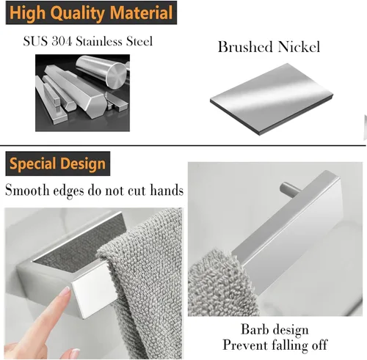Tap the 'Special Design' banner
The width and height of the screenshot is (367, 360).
point(57,163)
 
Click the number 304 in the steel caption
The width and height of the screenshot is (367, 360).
point(62,40)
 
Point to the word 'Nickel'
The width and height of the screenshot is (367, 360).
point(299,48)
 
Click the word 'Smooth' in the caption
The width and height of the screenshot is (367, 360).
point(29,191)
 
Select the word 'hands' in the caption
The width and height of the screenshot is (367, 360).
point(164,191)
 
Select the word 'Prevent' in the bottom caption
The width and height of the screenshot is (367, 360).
point(244,345)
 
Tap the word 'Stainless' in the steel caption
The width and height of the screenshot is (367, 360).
point(99,40)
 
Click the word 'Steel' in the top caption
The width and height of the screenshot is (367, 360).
point(139,40)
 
